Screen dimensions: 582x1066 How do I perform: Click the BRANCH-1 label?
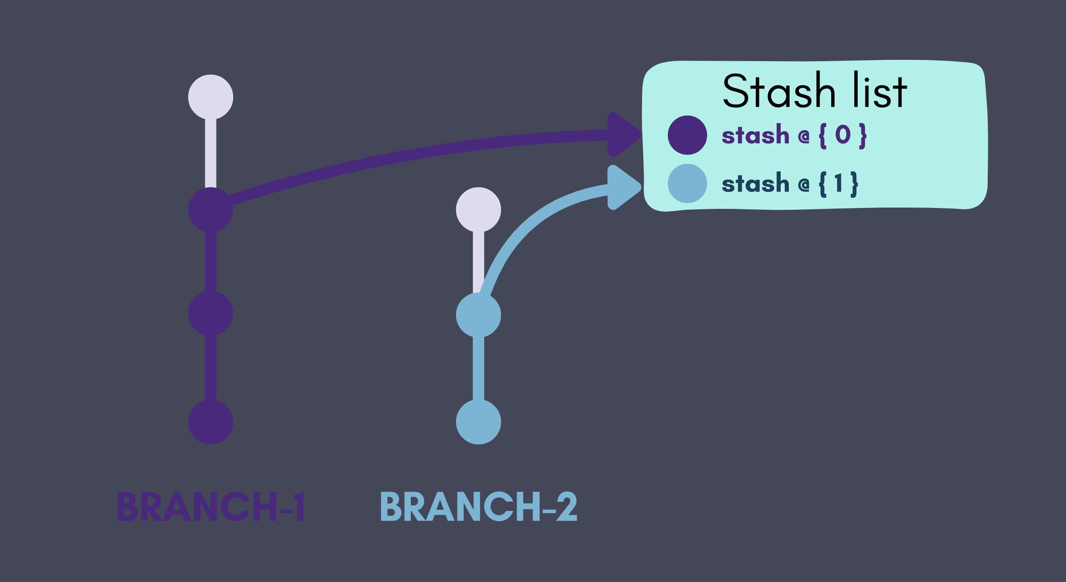211,507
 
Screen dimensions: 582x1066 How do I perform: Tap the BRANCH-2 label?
479,507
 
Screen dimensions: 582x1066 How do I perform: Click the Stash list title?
815,92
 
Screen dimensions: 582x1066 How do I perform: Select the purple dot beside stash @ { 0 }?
687,135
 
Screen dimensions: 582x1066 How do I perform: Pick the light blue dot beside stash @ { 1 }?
687,184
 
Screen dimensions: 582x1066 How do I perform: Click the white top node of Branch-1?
210,97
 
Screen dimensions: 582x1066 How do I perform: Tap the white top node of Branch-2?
478,210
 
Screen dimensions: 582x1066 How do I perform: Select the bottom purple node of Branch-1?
210,422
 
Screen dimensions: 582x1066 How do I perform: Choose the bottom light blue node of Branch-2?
478,422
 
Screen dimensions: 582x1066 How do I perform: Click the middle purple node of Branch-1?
210,314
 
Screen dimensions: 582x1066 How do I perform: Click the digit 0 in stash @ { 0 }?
843,135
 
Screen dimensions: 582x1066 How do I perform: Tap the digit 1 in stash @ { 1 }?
838,184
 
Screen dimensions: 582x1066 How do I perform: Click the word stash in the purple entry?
755,135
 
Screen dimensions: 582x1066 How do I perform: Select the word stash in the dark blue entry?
755,184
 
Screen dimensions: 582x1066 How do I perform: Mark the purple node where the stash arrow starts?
210,210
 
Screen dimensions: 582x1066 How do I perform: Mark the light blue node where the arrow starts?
478,315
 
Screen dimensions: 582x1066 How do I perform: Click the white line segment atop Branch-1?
210,154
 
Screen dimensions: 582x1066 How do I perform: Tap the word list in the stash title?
880,92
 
